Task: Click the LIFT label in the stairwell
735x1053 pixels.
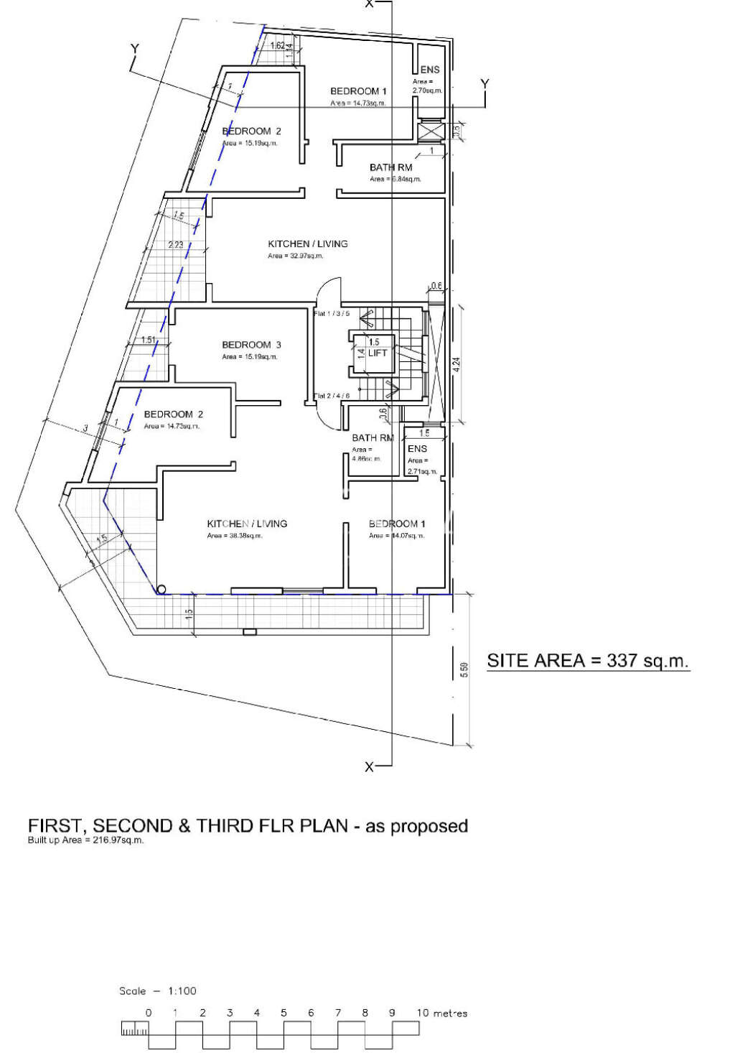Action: pos(378,353)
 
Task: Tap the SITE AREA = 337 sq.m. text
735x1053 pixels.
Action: pos(587,661)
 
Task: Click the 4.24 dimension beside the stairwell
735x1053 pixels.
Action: pos(457,364)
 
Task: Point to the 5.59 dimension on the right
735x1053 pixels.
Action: pos(464,669)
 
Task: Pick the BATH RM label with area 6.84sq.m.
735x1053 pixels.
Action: pos(390,167)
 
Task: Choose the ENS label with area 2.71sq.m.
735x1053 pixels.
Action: pos(417,448)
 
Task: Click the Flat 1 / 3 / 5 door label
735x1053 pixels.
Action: pos(332,313)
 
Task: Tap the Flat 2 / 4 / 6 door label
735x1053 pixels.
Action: pos(332,396)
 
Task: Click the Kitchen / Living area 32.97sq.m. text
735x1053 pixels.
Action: pos(296,256)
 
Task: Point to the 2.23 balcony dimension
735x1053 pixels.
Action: pos(176,245)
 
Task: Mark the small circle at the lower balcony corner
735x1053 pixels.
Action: pos(161,590)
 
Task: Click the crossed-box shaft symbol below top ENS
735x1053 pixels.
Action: pos(431,131)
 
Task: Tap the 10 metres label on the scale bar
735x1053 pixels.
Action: pos(441,1013)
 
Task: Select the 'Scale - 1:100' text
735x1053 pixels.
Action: pos(157,991)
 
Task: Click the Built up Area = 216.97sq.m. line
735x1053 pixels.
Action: pos(85,840)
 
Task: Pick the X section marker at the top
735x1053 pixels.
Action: pos(370,4)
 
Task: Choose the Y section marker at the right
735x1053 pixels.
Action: pos(484,84)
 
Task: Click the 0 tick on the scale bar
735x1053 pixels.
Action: pos(149,1013)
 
